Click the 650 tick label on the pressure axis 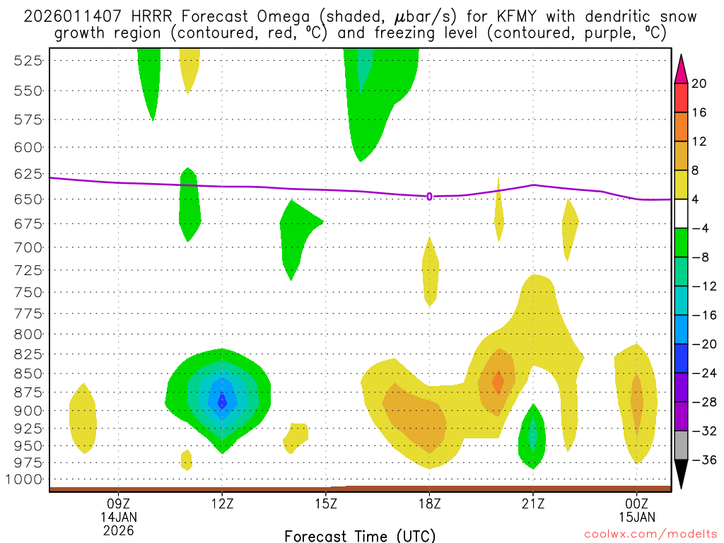click(x=28, y=199)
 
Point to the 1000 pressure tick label click(x=24, y=479)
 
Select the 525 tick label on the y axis click(x=28, y=61)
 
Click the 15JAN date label click(x=637, y=517)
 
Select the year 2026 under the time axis click(x=118, y=530)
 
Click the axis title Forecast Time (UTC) click(x=360, y=535)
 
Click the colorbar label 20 click(x=699, y=83)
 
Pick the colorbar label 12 click(x=699, y=141)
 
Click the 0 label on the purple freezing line click(x=429, y=197)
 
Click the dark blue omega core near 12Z click(x=222, y=401)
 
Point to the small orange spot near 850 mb click(x=498, y=383)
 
